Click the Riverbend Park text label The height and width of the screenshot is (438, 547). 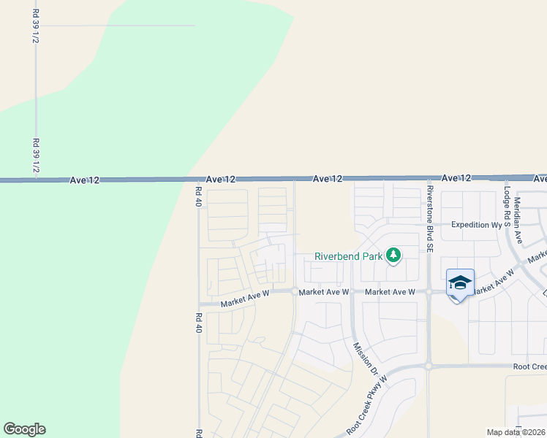[x=349, y=256]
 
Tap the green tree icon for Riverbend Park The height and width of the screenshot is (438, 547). [x=394, y=255]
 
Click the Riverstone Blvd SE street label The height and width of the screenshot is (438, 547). [x=431, y=218]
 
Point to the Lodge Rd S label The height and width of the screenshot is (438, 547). [x=506, y=206]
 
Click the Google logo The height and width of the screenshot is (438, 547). [x=24, y=429]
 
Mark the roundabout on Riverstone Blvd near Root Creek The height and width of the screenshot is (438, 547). [x=429, y=366]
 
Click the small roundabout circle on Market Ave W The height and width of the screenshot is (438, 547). [x=294, y=292]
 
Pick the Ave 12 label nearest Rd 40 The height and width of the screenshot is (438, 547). [x=220, y=179]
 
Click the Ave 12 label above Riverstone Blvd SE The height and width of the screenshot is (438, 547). [x=456, y=178]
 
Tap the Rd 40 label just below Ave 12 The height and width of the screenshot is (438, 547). [x=198, y=196]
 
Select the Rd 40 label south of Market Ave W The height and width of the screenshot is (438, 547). [x=198, y=322]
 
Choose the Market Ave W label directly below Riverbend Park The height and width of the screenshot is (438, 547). [x=390, y=292]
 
